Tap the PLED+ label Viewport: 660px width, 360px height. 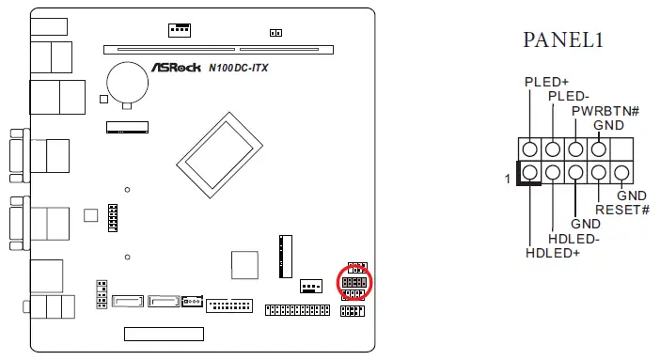547,82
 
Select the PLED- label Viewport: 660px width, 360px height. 568,96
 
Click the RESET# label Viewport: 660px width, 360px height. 622,209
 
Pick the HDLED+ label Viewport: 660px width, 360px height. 553,251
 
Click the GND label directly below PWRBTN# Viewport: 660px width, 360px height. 608,125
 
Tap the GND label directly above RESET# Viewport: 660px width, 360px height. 632,195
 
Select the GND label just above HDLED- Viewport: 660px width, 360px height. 586,224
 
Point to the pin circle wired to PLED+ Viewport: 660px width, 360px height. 530,149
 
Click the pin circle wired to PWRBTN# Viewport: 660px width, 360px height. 575,149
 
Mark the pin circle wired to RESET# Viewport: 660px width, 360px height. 598,173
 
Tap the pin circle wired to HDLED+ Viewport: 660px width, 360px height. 530,173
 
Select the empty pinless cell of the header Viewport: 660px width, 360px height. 621,149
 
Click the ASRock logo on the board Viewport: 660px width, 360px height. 176,68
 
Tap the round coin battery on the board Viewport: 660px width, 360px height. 123,81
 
